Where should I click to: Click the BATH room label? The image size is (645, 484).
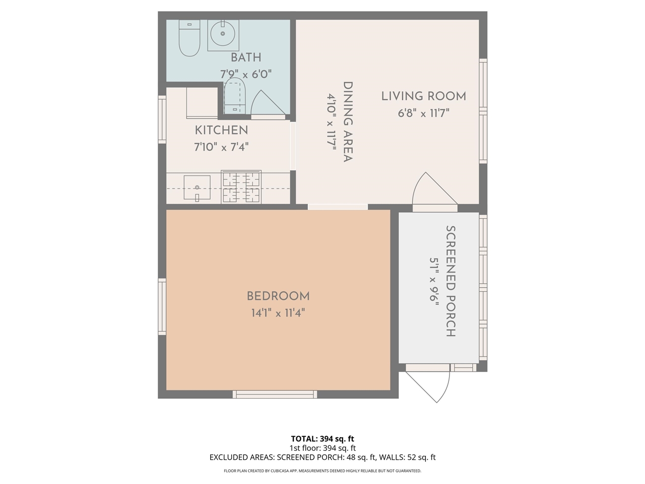tap(246, 57)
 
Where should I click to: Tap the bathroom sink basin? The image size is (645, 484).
tap(223, 35)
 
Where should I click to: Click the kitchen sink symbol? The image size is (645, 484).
tap(197, 188)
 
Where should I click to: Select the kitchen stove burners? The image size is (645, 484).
tap(241, 187)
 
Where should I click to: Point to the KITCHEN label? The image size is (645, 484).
tap(221, 130)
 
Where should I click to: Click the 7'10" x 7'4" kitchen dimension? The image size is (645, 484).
tap(221, 147)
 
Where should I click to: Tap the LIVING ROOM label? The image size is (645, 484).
tap(423, 96)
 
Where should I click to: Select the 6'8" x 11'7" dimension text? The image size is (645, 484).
tap(423, 113)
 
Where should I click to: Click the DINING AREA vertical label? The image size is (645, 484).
tap(347, 122)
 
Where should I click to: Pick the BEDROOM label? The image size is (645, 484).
tap(278, 296)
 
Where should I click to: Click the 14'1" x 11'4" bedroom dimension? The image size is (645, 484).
tap(278, 313)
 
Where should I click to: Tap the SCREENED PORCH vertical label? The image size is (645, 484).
tap(450, 281)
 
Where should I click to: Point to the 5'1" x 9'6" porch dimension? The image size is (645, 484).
tap(434, 280)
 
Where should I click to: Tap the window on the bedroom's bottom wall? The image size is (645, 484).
tap(275, 394)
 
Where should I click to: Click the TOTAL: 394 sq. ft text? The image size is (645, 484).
tap(322, 439)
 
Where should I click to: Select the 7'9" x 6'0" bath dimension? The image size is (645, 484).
tap(246, 74)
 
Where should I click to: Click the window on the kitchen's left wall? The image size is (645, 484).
tap(162, 119)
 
